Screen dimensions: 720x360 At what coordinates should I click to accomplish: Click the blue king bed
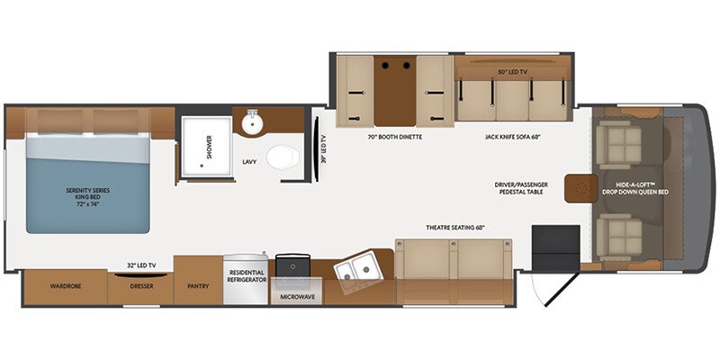87,184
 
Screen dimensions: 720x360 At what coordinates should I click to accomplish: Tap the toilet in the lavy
283,157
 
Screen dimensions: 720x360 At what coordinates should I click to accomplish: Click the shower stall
207,147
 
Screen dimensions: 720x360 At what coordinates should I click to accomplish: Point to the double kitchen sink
359,266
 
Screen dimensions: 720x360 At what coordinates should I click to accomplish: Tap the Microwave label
297,297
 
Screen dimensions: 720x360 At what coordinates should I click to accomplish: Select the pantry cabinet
198,280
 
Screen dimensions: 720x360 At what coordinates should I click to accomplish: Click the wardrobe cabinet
65,287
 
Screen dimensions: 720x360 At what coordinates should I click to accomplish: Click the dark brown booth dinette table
395,91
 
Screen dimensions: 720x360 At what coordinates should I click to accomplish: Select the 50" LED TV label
511,72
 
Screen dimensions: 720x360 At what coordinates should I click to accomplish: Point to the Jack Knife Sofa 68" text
509,137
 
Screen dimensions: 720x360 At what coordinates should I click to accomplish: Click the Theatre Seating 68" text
455,228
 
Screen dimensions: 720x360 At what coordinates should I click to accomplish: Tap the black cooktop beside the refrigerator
292,265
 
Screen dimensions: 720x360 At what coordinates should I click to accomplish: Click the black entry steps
555,248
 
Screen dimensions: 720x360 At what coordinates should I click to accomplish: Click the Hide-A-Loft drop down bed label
635,188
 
